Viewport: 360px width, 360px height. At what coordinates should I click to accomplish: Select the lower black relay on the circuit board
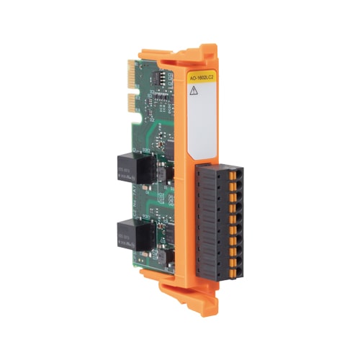pos(125,235)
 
